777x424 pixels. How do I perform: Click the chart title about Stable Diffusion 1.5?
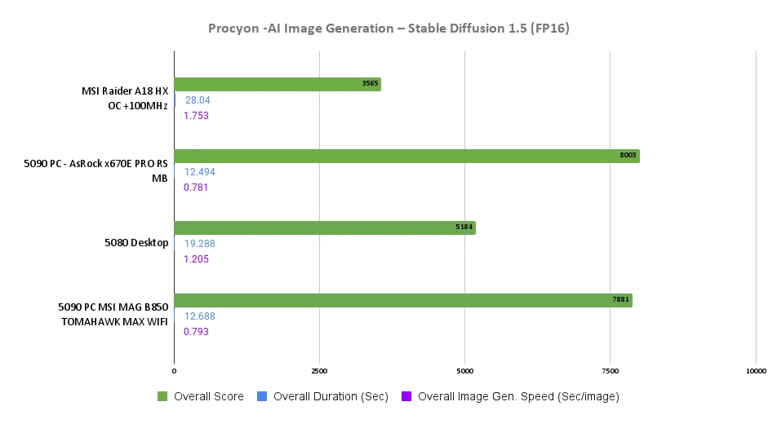[388, 29]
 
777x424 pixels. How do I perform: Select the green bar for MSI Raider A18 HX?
[277, 84]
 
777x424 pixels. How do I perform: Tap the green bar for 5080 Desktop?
[324, 228]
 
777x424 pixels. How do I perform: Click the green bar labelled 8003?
[406, 156]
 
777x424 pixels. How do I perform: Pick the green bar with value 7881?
[403, 300]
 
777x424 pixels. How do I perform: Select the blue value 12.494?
[200, 172]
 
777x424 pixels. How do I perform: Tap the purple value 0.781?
[196, 188]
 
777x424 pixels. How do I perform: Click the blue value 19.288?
[200, 244]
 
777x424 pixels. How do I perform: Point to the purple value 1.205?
[197, 259]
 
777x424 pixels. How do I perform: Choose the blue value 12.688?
[200, 316]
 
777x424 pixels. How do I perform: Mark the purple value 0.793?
[196, 332]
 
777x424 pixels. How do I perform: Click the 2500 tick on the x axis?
[319, 371]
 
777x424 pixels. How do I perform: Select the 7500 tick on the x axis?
[610, 371]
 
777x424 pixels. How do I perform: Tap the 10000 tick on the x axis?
[755, 371]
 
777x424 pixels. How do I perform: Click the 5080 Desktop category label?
[136, 243]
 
